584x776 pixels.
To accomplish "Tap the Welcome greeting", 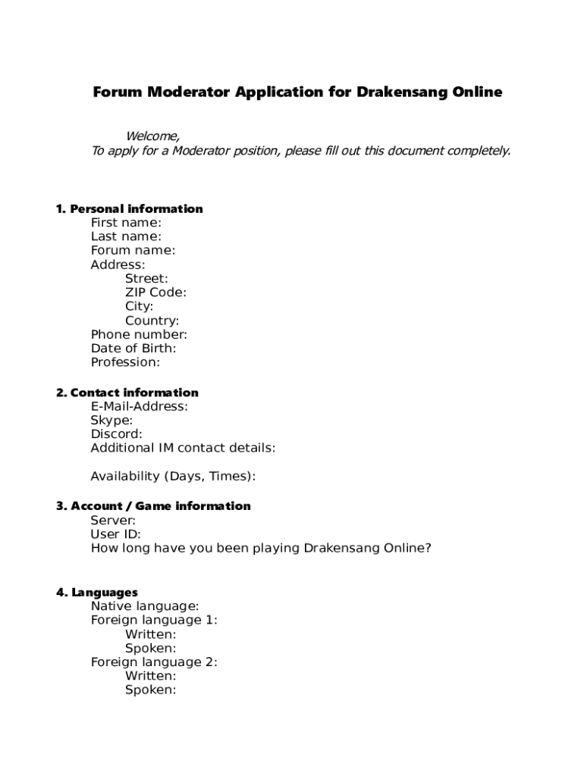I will (x=152, y=136).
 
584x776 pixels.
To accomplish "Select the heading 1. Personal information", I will (x=129, y=208).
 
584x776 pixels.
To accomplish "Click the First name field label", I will (x=126, y=223).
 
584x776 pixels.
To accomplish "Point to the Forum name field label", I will (x=133, y=250).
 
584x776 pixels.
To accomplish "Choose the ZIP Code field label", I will (x=155, y=293).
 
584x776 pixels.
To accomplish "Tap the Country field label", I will (x=152, y=321).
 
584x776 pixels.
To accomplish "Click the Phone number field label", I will (x=139, y=334).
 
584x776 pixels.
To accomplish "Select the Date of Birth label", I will (x=133, y=348).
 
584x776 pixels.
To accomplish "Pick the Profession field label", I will (x=125, y=361).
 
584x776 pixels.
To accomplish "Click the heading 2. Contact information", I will (x=127, y=393).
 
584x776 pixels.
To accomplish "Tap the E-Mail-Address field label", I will (x=140, y=406).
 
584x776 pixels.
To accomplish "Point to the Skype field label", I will (x=111, y=420).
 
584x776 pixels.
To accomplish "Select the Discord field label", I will (x=116, y=434).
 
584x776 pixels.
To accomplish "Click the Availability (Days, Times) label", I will (x=173, y=476).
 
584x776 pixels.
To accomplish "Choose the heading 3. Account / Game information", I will (x=153, y=505).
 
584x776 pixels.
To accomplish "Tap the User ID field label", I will (x=115, y=533).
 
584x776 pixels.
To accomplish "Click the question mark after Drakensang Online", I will (x=428, y=547).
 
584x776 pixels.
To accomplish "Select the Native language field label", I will (x=145, y=605).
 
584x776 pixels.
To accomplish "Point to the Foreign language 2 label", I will (x=154, y=662).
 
